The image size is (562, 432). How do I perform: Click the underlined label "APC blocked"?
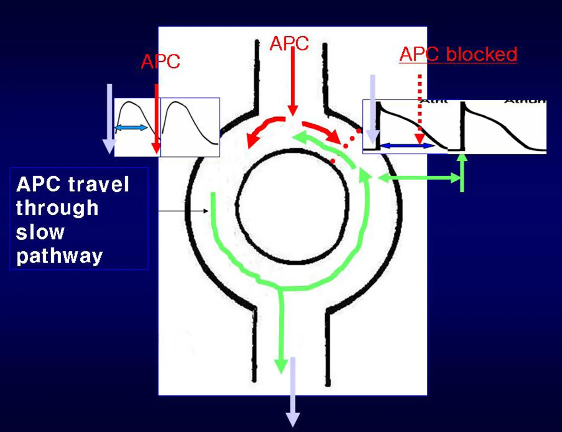click(458, 54)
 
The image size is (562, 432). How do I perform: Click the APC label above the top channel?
click(289, 43)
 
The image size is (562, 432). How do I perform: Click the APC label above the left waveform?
click(160, 61)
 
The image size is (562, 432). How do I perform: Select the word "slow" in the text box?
click(40, 232)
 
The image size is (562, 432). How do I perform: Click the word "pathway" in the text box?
click(59, 256)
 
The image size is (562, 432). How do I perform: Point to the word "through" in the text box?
click(57, 208)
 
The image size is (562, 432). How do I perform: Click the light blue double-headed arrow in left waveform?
click(131, 127)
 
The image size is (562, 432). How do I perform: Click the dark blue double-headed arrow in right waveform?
click(406, 146)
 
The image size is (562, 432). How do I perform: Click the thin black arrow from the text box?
click(183, 211)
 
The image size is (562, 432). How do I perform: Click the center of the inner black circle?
click(293, 206)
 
